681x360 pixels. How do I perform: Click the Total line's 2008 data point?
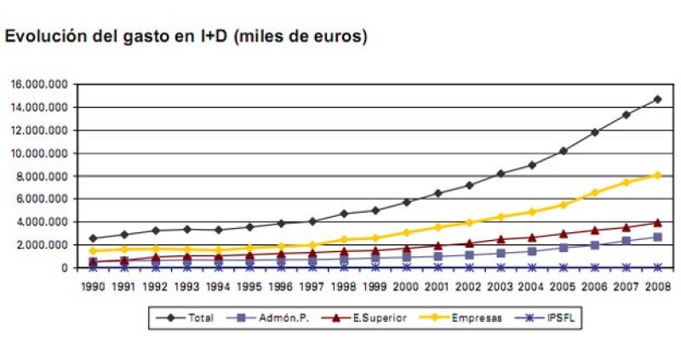(x=658, y=99)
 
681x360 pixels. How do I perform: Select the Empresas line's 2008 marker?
(x=658, y=175)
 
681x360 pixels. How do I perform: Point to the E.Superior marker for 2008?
(x=658, y=222)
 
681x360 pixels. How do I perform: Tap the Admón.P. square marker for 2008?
(x=658, y=237)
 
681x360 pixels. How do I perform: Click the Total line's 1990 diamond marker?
(x=93, y=238)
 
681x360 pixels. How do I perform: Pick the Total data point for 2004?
(x=532, y=164)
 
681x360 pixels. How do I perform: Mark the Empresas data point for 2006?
(x=595, y=192)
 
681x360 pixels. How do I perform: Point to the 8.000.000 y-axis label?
(x=43, y=176)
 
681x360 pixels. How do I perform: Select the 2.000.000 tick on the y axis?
(x=43, y=245)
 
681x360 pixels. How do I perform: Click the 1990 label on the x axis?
(x=93, y=287)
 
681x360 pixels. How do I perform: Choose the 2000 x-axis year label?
(x=407, y=287)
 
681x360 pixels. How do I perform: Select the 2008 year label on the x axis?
(x=658, y=287)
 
